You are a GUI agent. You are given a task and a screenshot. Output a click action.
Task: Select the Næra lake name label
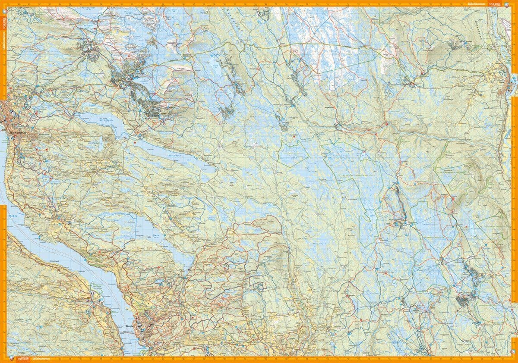coord(156,235)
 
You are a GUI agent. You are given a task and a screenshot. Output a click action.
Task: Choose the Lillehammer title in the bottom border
coord(41,359)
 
